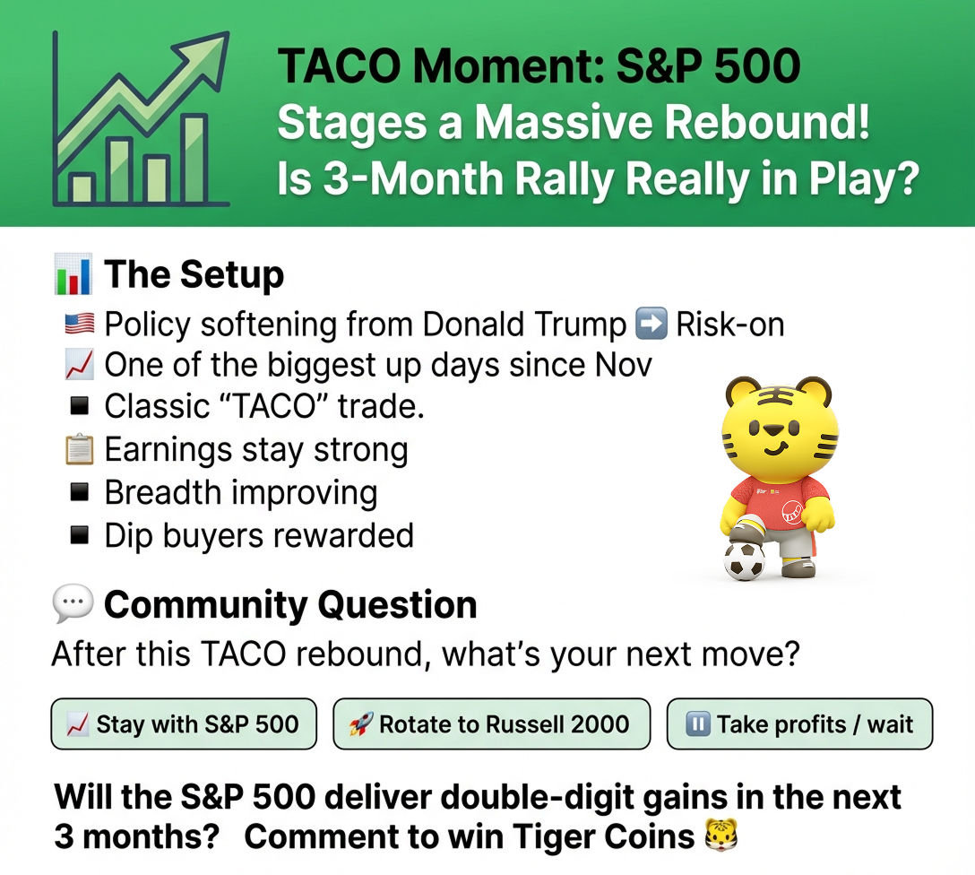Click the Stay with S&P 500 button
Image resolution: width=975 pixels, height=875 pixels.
pos(184,723)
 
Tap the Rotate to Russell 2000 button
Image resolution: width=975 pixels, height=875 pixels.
pos(491,723)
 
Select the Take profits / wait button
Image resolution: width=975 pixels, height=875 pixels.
pos(799,723)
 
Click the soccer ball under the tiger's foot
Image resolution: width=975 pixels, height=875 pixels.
pos(745,561)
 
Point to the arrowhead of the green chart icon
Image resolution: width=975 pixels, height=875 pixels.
pos(208,55)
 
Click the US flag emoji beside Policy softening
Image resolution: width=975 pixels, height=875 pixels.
pos(80,324)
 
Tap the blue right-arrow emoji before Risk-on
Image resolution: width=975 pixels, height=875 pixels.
pos(651,324)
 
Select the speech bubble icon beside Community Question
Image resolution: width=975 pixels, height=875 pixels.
pos(73,603)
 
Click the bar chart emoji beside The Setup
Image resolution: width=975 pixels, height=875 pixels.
pos(73,274)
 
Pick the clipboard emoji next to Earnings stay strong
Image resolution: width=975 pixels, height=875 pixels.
pos(80,450)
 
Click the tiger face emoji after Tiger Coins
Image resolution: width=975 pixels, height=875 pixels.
pos(720,836)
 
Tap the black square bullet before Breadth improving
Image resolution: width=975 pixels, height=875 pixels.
pos(80,492)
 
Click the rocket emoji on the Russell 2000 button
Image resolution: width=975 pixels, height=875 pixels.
pos(360,723)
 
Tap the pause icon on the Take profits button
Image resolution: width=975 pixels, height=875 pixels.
pos(698,723)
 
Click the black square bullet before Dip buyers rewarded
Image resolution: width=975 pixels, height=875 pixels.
pos(80,535)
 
